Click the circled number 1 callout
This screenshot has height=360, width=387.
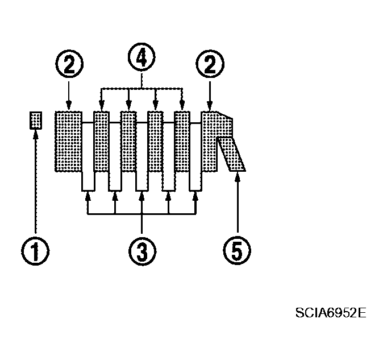(x=35, y=251)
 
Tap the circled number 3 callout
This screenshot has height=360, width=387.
(x=142, y=251)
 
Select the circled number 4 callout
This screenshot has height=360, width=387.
(x=142, y=57)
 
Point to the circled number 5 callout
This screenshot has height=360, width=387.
(x=237, y=250)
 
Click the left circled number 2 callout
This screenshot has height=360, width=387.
(x=69, y=64)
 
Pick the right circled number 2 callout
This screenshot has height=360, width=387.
(x=210, y=64)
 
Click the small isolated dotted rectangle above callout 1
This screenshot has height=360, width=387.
(x=36, y=121)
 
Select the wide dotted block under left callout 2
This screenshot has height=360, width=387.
(x=68, y=142)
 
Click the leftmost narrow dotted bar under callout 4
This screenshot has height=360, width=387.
(x=101, y=142)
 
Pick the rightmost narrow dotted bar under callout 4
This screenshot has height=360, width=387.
(x=182, y=142)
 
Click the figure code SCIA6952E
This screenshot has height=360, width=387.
(x=331, y=313)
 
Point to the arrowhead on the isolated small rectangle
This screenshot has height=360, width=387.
(x=36, y=134)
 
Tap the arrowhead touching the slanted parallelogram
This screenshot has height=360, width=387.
(x=238, y=175)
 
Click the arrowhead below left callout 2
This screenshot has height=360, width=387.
(x=69, y=106)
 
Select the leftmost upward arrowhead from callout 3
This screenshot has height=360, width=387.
(x=88, y=196)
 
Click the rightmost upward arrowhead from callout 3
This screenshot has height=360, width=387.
(x=195, y=196)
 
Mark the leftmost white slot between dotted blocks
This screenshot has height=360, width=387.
(x=88, y=156)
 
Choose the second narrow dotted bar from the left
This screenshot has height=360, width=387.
(x=128, y=142)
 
